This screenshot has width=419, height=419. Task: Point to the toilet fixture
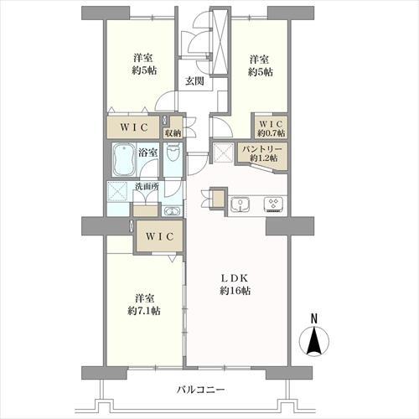[173, 156]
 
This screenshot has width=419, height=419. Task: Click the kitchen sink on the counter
[238, 204]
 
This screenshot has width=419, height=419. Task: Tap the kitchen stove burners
[274, 204]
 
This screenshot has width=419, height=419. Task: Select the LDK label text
[235, 277]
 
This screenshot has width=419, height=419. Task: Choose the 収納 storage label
[173, 132]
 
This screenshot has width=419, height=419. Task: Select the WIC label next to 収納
[132, 127]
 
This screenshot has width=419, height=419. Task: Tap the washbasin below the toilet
[172, 210]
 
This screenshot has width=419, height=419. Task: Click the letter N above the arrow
[313, 318]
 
